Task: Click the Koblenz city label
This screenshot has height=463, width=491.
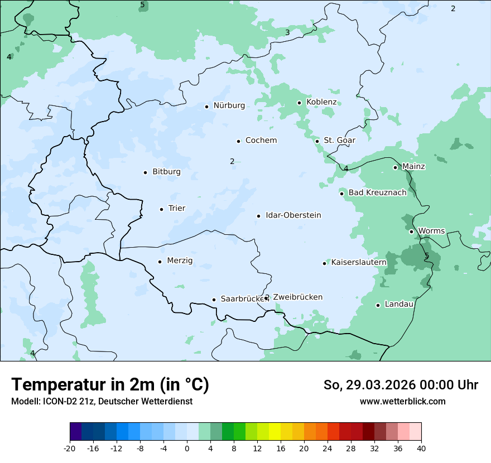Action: pyautogui.click(x=321, y=102)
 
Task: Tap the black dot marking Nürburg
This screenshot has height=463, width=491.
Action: pyautogui.click(x=206, y=106)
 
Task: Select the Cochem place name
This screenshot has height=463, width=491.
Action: pyautogui.click(x=261, y=141)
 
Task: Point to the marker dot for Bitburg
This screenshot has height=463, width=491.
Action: pyautogui.click(x=145, y=172)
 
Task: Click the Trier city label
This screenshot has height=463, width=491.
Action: pyautogui.click(x=177, y=209)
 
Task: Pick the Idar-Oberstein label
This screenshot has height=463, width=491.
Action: pyautogui.click(x=293, y=215)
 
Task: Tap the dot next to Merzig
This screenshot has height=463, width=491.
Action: pyautogui.click(x=160, y=262)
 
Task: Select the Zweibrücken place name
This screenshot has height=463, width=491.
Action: pyautogui.click(x=298, y=297)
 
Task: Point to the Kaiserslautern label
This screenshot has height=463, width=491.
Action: pyautogui.click(x=359, y=262)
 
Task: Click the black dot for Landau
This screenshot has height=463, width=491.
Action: pyautogui.click(x=378, y=305)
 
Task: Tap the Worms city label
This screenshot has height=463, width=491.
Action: pyautogui.click(x=431, y=231)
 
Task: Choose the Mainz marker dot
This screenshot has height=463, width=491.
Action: pyautogui.click(x=395, y=167)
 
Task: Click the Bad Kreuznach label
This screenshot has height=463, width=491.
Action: pyautogui.click(x=378, y=193)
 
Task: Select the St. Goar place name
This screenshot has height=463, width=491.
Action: pyautogui.click(x=340, y=141)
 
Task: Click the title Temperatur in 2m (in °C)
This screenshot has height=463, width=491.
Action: pyautogui.click(x=110, y=385)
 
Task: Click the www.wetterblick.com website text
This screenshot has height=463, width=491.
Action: pyautogui.click(x=402, y=402)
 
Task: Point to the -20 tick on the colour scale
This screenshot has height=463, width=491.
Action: pyautogui.click(x=70, y=448)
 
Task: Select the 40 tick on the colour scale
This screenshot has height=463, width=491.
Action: pyautogui.click(x=421, y=448)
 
